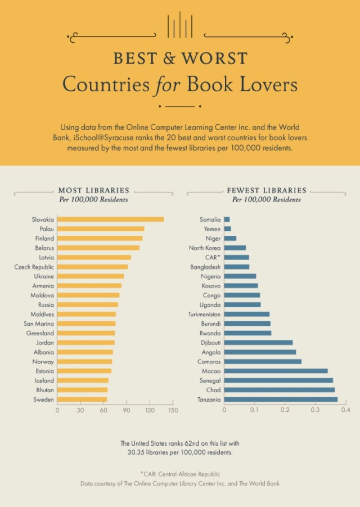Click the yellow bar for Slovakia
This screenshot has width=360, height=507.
coord(110,219)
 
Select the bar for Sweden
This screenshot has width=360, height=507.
coord(82,400)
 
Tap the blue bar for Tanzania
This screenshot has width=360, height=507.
coord(281,400)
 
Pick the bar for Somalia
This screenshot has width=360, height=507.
coord(227,219)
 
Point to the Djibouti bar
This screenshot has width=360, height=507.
coord(258,342)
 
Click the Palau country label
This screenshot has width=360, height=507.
coord(47,229)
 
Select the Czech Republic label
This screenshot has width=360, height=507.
coord(34,267)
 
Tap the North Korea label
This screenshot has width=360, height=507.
coord(205,248)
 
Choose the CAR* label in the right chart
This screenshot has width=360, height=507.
coord(212,257)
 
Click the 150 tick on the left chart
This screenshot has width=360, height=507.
coord(173,410)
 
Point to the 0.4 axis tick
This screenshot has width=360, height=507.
coord(345,410)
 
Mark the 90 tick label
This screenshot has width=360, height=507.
coord(127,410)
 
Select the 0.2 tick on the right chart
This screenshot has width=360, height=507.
coord(285,410)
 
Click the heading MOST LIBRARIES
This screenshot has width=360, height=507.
coord(93,190)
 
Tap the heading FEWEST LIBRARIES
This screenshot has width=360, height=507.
coord(267,190)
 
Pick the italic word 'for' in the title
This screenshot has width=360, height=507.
coord(166,84)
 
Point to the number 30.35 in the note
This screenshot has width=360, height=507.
coord(138,452)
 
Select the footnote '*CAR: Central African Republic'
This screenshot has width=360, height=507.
coord(180,474)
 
